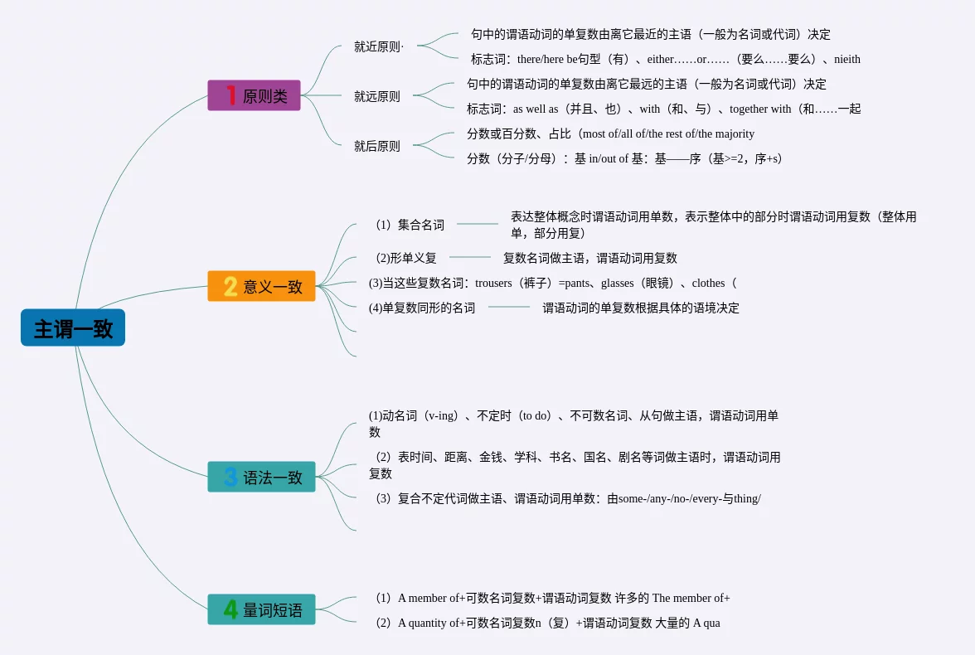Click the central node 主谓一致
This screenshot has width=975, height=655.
click(x=73, y=328)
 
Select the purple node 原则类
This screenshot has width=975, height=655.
click(x=254, y=95)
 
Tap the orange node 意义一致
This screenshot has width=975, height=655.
click(x=261, y=286)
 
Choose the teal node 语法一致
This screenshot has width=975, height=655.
click(x=261, y=477)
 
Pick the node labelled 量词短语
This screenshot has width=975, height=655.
click(x=261, y=609)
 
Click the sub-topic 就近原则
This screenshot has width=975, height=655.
click(x=377, y=46)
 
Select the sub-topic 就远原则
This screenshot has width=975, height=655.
click(x=377, y=96)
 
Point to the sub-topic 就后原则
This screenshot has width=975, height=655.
click(x=377, y=146)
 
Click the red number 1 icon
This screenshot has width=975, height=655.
click(x=230, y=95)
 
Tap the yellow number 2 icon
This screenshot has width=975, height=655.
click(x=230, y=286)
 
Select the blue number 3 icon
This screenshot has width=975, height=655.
click(x=230, y=477)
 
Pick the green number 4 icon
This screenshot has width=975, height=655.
click(x=230, y=609)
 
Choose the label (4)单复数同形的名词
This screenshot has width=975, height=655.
click(x=422, y=308)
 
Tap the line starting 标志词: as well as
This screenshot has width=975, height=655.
click(x=663, y=109)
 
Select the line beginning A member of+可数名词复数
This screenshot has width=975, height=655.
click(x=551, y=598)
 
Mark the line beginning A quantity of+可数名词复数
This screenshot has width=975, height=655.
click(x=546, y=623)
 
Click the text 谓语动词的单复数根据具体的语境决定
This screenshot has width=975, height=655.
click(x=641, y=308)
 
